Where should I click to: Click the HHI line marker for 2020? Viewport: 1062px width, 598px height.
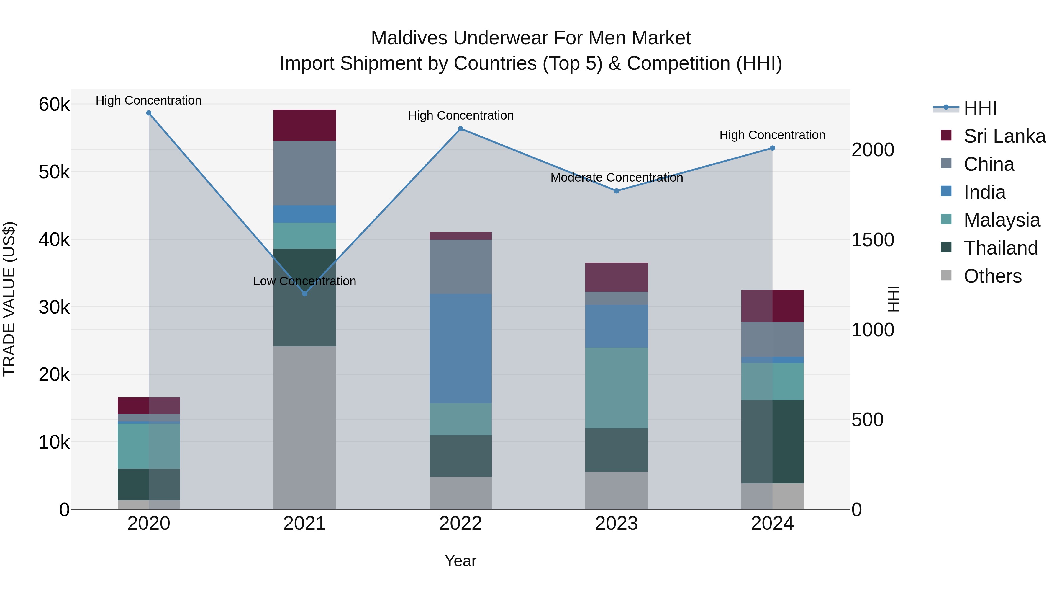[x=149, y=113]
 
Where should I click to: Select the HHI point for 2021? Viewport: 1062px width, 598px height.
[x=305, y=294]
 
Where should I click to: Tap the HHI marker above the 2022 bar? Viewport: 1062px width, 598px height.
[x=460, y=129]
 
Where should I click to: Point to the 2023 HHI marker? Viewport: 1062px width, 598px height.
[x=616, y=191]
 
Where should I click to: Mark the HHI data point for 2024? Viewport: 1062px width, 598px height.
[x=772, y=148]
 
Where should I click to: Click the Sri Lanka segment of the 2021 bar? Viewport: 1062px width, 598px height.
[x=305, y=126]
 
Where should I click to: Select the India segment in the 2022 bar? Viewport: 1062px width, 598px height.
[x=460, y=348]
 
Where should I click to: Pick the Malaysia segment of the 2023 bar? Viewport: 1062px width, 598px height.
[x=616, y=388]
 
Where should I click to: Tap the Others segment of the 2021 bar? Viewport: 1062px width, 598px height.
[x=305, y=428]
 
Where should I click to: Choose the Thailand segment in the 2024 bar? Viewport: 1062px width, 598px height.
[x=772, y=441]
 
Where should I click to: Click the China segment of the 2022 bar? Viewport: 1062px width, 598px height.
[x=460, y=267]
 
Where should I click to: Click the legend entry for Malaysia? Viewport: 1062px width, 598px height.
[x=1002, y=220]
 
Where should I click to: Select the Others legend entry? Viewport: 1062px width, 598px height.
[x=993, y=276]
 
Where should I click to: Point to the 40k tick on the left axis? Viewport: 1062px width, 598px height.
[x=54, y=239]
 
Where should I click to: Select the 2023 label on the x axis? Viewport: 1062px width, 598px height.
[x=616, y=524]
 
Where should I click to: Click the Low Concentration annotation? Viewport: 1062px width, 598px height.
[x=305, y=281]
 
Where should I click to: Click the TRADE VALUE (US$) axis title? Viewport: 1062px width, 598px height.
[x=9, y=299]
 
